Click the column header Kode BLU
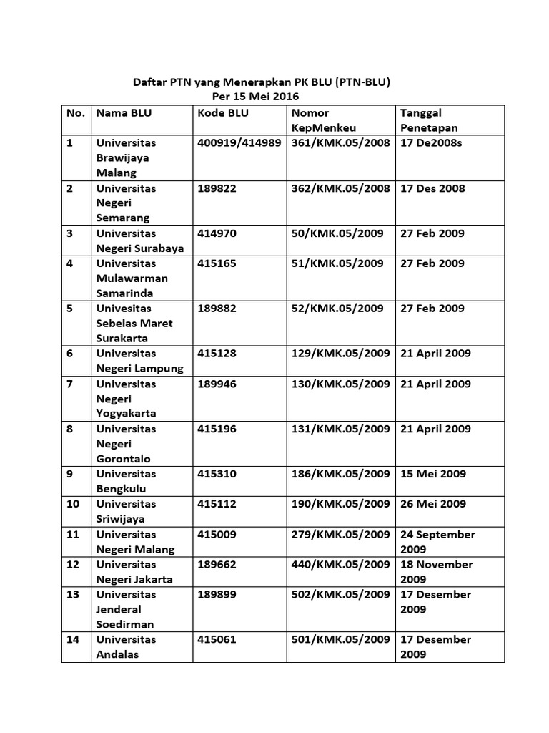222,113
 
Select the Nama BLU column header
124,113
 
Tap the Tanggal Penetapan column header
430,120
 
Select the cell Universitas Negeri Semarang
126,203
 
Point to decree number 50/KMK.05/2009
337,233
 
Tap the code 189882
217,309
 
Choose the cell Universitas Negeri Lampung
139,361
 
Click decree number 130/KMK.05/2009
340,384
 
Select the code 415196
217,429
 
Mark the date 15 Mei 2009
432,474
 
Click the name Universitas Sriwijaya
126,511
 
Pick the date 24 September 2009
437,541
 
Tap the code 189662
217,564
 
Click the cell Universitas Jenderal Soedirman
126,609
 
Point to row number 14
73,639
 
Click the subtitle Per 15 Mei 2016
256,97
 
